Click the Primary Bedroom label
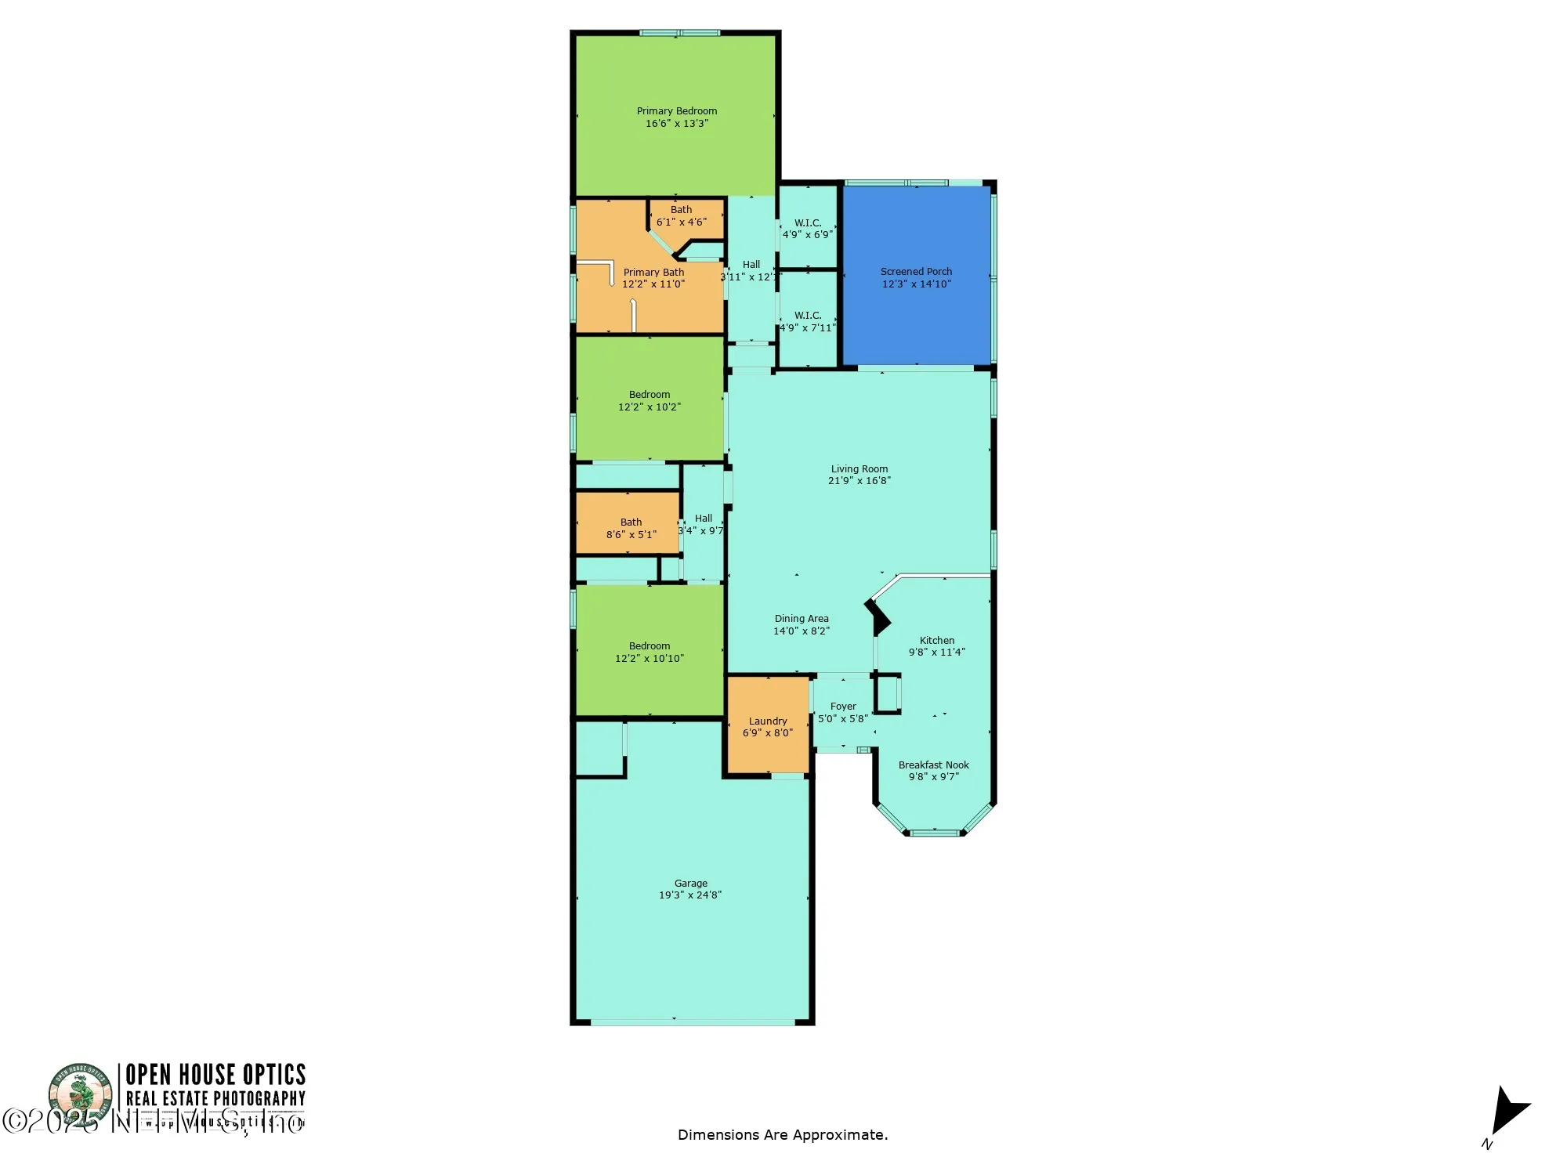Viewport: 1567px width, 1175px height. pyautogui.click(x=676, y=111)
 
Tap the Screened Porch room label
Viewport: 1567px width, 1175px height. pyautogui.click(x=916, y=272)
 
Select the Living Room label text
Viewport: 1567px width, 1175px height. pyautogui.click(x=859, y=469)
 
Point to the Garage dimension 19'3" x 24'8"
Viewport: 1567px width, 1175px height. pyautogui.click(x=689, y=895)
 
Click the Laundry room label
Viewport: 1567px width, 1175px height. pyautogui.click(x=767, y=721)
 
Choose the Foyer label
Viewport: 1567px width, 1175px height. pyautogui.click(x=843, y=707)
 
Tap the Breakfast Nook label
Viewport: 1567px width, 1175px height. pyautogui.click(x=933, y=765)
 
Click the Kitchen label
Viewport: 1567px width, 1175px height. pyautogui.click(x=936, y=640)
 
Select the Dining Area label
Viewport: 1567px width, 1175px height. pyautogui.click(x=801, y=619)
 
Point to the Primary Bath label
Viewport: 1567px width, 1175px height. pyautogui.click(x=653, y=273)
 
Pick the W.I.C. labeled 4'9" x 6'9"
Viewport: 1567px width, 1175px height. pyautogui.click(x=807, y=229)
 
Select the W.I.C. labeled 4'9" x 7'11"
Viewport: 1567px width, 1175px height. pyautogui.click(x=807, y=322)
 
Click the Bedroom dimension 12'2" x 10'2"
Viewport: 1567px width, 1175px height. pyautogui.click(x=649, y=407)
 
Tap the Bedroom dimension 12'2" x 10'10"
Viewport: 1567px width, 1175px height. pyautogui.click(x=649, y=659)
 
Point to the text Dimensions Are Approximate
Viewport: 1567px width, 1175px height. pyautogui.click(x=782, y=1135)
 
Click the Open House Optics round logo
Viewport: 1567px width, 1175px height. pyautogui.click(x=81, y=1093)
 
